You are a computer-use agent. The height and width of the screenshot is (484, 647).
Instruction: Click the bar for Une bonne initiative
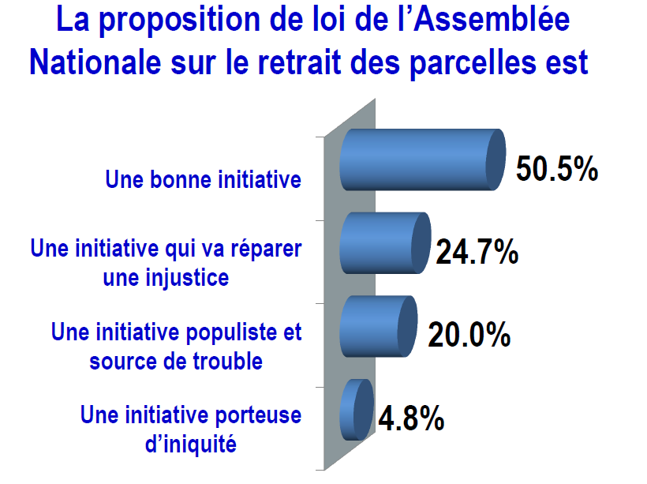[422, 159]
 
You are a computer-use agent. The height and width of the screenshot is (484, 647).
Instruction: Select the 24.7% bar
[385, 243]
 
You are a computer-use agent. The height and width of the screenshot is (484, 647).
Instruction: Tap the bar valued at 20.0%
[379, 326]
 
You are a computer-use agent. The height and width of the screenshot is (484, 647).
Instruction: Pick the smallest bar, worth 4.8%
[357, 410]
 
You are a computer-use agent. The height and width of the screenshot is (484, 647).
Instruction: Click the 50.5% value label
[556, 169]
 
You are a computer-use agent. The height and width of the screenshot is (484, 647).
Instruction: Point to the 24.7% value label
[477, 252]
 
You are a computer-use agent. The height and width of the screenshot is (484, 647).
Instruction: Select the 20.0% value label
[469, 335]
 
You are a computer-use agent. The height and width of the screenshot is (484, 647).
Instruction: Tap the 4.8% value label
[411, 418]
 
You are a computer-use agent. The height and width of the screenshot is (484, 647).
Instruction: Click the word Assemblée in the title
[492, 19]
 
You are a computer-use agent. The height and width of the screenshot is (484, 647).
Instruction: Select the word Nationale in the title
[95, 63]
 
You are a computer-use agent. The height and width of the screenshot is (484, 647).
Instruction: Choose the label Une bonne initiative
[203, 180]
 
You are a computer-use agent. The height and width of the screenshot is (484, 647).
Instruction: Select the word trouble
[228, 361]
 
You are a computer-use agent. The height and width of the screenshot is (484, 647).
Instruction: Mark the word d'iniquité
[191, 445]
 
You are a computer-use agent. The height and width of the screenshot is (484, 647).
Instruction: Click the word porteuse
[258, 415]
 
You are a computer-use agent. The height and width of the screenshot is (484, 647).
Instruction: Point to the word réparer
[266, 250]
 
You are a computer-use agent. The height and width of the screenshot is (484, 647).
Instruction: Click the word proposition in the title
[179, 21]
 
